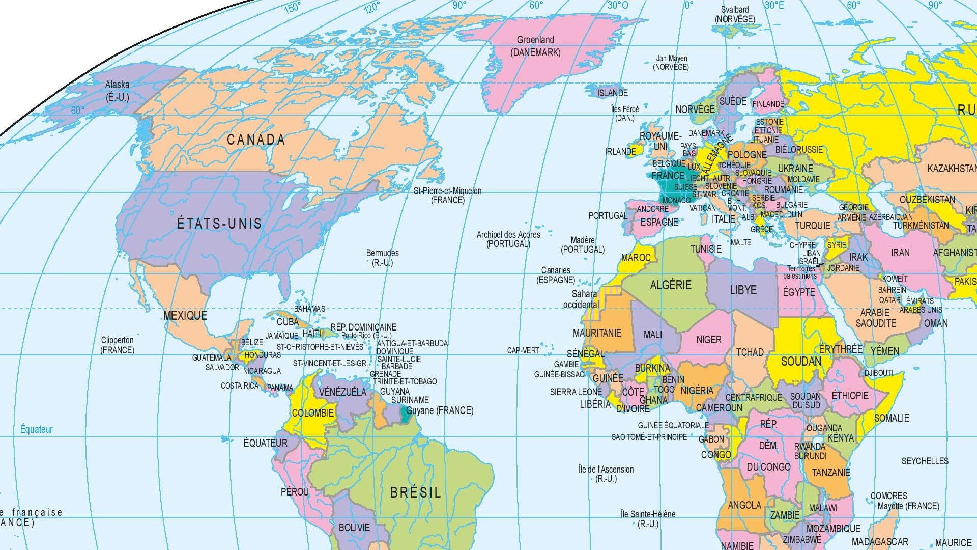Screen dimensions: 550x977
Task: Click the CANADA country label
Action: coord(255,140)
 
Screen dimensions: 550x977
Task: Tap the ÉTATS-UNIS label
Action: coord(219,224)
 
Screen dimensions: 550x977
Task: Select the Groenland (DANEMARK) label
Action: coord(535,46)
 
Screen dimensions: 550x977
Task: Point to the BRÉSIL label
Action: coord(415,492)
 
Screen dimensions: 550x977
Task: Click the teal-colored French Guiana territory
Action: coord(406,414)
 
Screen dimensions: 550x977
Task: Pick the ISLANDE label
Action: coord(612,93)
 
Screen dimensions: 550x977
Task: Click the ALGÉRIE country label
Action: coord(670,285)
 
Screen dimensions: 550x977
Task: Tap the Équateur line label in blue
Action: coord(36,429)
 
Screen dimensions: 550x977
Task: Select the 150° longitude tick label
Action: coord(292,7)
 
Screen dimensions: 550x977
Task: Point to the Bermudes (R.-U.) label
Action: coord(382,258)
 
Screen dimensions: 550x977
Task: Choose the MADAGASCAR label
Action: coord(880,542)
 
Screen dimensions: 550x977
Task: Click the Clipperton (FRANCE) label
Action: coord(117,345)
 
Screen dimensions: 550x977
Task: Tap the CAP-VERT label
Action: coord(523,350)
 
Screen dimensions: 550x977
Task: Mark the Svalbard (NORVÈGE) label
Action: coord(735,14)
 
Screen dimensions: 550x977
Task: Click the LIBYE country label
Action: coord(743,290)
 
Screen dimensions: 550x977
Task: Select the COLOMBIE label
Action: coord(312,413)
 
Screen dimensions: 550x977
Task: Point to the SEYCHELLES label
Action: coord(925,461)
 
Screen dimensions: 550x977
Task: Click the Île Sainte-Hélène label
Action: coord(648,518)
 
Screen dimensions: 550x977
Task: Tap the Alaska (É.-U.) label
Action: coord(117,91)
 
